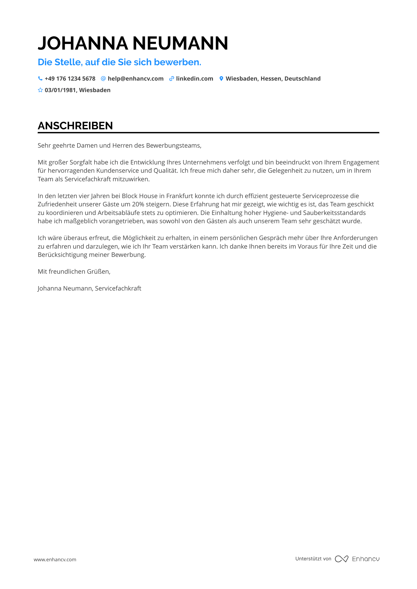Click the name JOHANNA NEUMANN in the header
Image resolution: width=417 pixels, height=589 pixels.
pos(133,43)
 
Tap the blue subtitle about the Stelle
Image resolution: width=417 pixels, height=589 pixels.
pos(119,62)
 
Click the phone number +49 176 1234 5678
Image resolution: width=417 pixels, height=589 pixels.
pos(70,79)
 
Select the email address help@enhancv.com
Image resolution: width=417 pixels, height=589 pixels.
pos(135,79)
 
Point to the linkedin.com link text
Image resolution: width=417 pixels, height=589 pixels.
pos(194,79)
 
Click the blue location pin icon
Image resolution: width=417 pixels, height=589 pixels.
pos(221,79)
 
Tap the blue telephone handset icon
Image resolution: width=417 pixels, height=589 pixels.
pos(40,79)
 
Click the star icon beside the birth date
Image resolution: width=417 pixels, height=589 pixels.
pos(40,90)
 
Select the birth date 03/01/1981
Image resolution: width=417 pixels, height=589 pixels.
pos(60,90)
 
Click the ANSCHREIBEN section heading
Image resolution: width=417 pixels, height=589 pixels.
pos(75,126)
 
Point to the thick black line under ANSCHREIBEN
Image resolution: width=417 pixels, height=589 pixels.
pos(208,133)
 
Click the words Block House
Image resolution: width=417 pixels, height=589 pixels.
pos(140,196)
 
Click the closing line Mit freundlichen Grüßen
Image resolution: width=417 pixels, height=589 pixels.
pos(74,272)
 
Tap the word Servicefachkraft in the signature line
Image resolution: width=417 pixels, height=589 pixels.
pos(118,288)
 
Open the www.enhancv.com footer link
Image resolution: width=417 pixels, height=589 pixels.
pos(55,559)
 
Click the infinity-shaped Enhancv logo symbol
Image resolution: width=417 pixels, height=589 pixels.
pos(341,559)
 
